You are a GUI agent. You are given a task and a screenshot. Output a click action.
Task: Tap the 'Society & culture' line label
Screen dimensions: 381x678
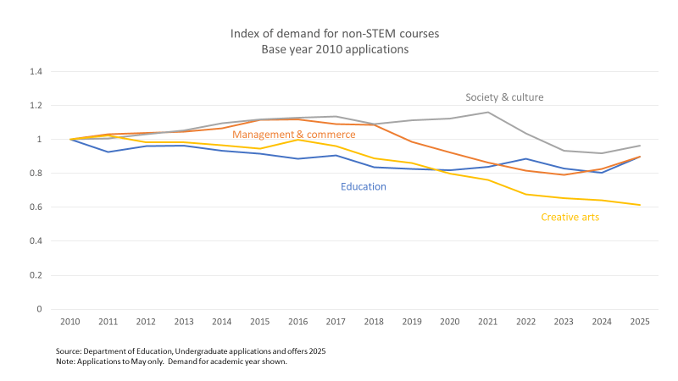coord(504,97)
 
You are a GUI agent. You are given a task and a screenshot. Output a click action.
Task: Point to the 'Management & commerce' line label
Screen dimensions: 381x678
coord(293,135)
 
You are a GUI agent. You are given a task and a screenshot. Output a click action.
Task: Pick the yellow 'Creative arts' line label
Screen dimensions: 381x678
coord(570,218)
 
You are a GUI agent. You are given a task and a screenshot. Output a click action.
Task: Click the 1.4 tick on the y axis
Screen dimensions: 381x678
coord(36,72)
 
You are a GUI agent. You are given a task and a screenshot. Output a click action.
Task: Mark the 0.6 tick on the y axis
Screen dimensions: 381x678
coord(36,207)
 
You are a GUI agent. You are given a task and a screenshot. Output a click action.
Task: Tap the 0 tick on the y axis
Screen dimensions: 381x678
coord(39,309)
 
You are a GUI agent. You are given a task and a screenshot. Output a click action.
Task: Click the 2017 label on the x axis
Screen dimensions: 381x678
coord(336,323)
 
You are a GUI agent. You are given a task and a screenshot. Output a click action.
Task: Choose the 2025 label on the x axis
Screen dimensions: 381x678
coord(640,323)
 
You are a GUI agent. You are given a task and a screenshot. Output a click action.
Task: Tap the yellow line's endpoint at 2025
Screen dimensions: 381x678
coord(640,205)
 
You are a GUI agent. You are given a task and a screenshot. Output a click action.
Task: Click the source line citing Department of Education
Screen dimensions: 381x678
coord(191,351)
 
